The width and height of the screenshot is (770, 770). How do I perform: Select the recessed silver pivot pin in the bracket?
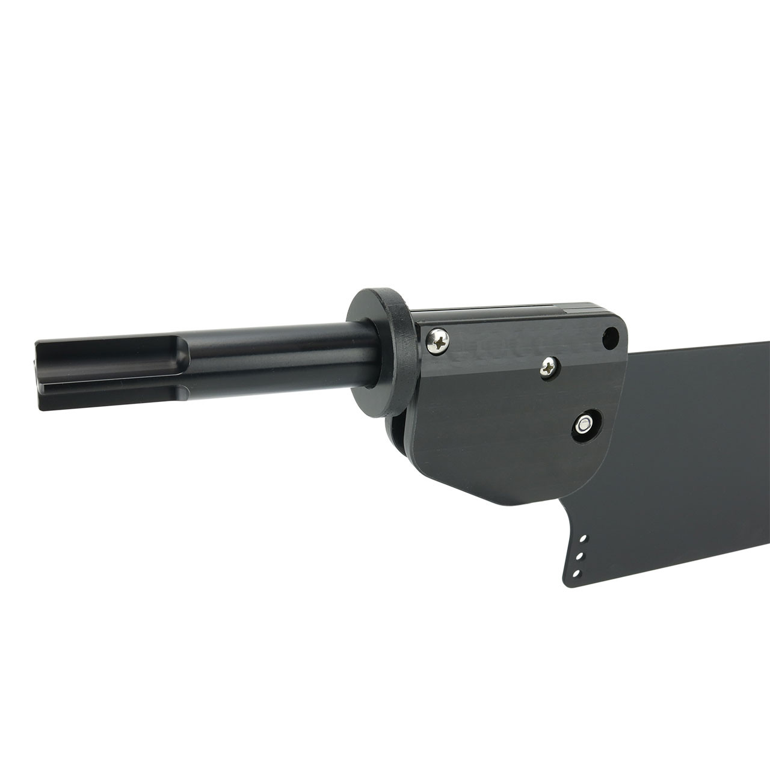[x=582, y=425]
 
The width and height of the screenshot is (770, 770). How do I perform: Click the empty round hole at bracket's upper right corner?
[x=611, y=337]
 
